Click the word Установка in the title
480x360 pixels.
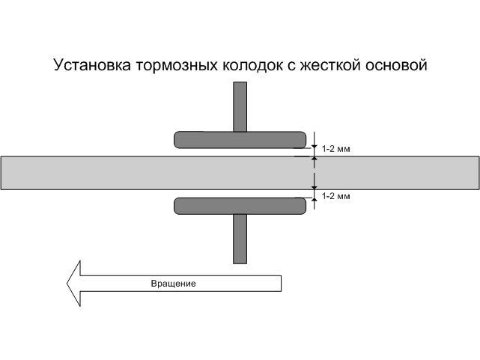pyautogui.click(x=92, y=65)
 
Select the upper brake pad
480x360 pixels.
pyautogui.click(x=240, y=139)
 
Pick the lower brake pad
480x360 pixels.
pyautogui.click(x=240, y=205)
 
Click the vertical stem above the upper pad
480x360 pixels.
pyautogui.click(x=240, y=106)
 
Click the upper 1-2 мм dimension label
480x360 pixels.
pyautogui.click(x=335, y=149)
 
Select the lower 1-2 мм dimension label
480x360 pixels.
pyautogui.click(x=335, y=196)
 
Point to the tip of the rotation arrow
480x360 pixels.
pyautogui.click(x=67, y=284)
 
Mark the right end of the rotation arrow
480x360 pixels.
pyautogui.click(x=279, y=284)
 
